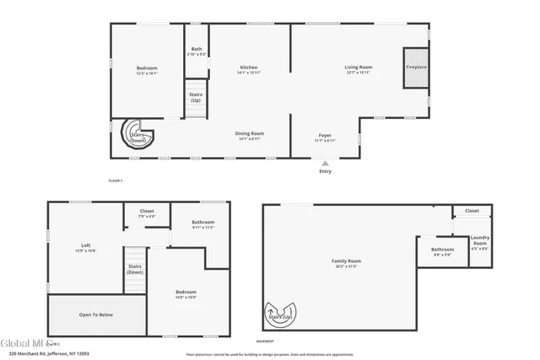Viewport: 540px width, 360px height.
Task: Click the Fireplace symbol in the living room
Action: click(416, 66)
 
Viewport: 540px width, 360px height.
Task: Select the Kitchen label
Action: click(248, 67)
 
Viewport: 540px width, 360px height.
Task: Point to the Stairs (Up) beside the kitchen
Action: click(195, 96)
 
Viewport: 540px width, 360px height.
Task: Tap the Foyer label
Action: click(325, 136)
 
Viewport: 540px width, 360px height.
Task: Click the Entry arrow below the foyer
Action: click(325, 164)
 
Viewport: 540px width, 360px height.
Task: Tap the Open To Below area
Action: click(96, 314)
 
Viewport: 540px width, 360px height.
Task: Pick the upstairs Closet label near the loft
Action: click(147, 211)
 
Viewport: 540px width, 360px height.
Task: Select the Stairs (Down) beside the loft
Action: click(135, 269)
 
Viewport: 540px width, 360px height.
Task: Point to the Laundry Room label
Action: click(479, 241)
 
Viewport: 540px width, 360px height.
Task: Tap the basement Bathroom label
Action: click(443, 250)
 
